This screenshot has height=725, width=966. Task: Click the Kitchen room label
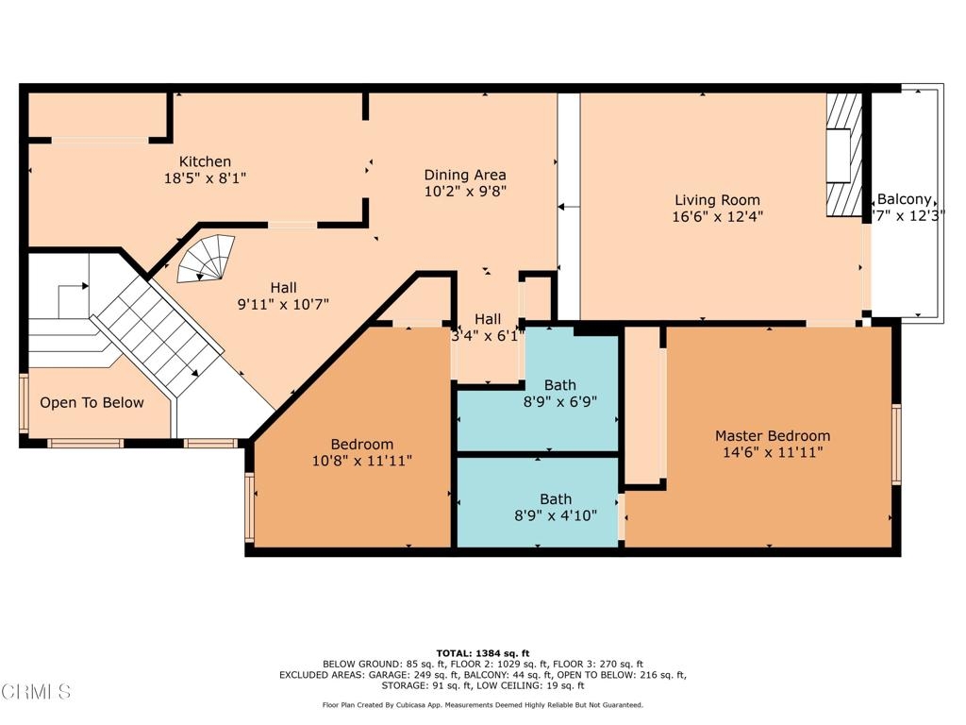click(x=205, y=161)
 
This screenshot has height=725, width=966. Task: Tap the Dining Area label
click(x=465, y=175)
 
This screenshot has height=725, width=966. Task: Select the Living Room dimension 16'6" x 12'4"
click(x=717, y=216)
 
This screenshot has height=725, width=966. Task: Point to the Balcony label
click(x=904, y=199)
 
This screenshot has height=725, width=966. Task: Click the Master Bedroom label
click(x=773, y=436)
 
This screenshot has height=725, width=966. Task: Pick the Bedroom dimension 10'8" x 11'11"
click(x=362, y=461)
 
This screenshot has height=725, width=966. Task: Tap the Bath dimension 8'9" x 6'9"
click(x=560, y=402)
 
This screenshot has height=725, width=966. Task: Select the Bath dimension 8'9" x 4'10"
click(x=556, y=515)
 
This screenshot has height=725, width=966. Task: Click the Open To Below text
click(x=92, y=402)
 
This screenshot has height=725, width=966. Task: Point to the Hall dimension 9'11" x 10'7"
click(x=283, y=304)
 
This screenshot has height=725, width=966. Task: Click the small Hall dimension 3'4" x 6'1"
click(x=488, y=336)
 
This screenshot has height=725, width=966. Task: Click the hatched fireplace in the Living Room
click(x=844, y=155)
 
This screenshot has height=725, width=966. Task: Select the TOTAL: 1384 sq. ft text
click(x=483, y=653)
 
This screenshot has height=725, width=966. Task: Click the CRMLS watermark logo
click(x=36, y=691)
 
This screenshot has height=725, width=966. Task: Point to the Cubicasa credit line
click(x=483, y=704)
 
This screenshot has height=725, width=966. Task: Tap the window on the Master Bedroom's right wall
click(x=896, y=444)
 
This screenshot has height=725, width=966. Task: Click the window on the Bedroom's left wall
click(x=249, y=507)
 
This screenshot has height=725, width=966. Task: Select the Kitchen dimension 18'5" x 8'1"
click(x=205, y=178)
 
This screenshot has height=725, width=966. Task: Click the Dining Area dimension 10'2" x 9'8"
click(x=465, y=191)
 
